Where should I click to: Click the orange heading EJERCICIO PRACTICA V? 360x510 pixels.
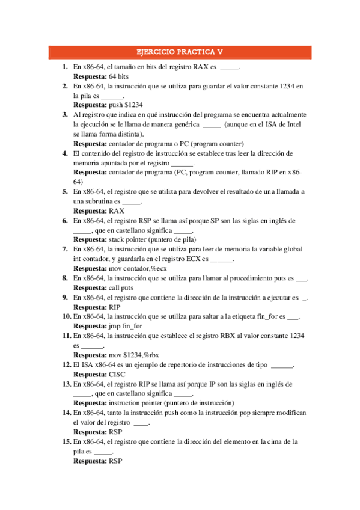[x=180, y=52]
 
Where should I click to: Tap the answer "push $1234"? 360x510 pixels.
[x=126, y=105]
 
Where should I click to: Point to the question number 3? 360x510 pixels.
[x=65, y=114]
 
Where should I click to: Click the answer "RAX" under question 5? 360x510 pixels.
[x=117, y=211]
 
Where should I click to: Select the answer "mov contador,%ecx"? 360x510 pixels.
[x=138, y=268]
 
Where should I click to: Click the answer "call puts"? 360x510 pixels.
[x=123, y=287]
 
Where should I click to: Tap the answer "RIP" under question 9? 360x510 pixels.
[x=115, y=307]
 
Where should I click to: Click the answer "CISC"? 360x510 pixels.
[x=117, y=374]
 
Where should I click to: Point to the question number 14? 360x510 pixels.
[x=67, y=413]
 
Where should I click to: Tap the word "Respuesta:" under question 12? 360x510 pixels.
[x=90, y=374]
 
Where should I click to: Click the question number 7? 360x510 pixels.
[x=65, y=249]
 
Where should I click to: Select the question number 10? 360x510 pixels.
[x=67, y=316]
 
